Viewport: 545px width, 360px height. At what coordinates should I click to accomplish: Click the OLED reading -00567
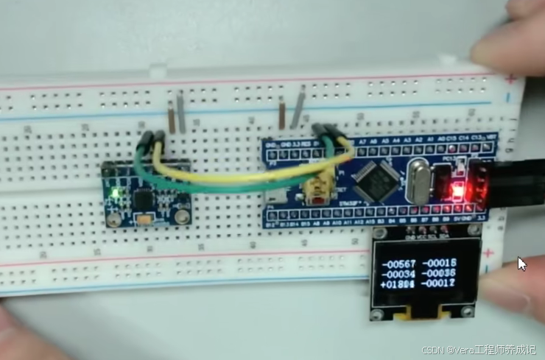[x=398, y=264]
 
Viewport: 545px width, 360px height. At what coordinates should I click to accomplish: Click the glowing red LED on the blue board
[x=457, y=193]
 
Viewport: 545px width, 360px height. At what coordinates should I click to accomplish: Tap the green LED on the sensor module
[x=115, y=195]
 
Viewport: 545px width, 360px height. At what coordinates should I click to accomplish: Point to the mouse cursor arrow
[x=521, y=264]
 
